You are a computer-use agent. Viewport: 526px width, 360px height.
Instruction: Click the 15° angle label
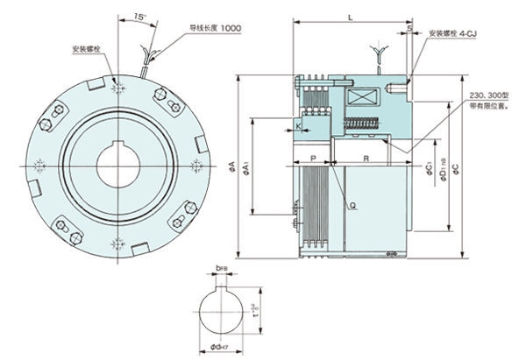[x=141, y=16]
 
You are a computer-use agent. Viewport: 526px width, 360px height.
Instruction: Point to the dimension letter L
[x=351, y=17]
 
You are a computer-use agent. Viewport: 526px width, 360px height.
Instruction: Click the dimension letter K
[x=299, y=128]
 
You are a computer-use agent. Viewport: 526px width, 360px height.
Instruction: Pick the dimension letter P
[x=313, y=158]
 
